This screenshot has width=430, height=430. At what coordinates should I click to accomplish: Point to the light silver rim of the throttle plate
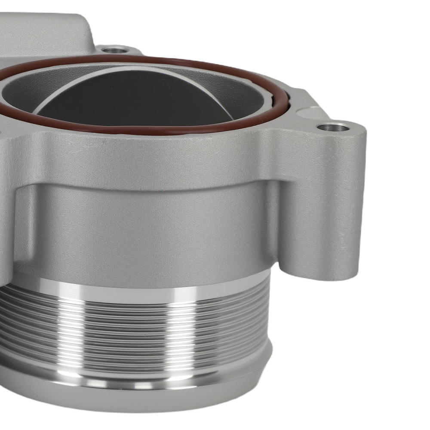pos(129,70)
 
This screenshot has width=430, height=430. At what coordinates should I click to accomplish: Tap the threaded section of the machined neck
pos(129,327)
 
